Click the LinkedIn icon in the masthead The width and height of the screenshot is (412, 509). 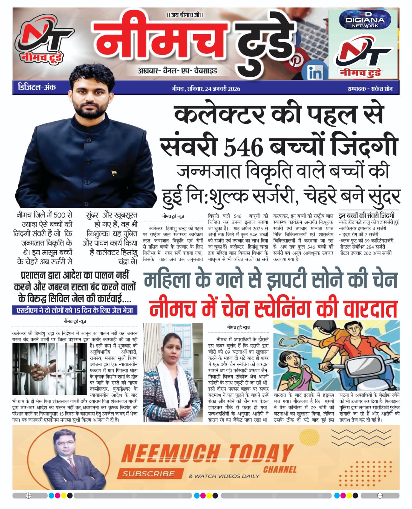315,73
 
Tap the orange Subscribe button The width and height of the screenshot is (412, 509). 149,473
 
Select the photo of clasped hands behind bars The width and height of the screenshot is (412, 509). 51,368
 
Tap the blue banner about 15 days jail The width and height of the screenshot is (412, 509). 75,310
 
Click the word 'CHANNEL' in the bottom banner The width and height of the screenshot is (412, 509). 280,469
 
